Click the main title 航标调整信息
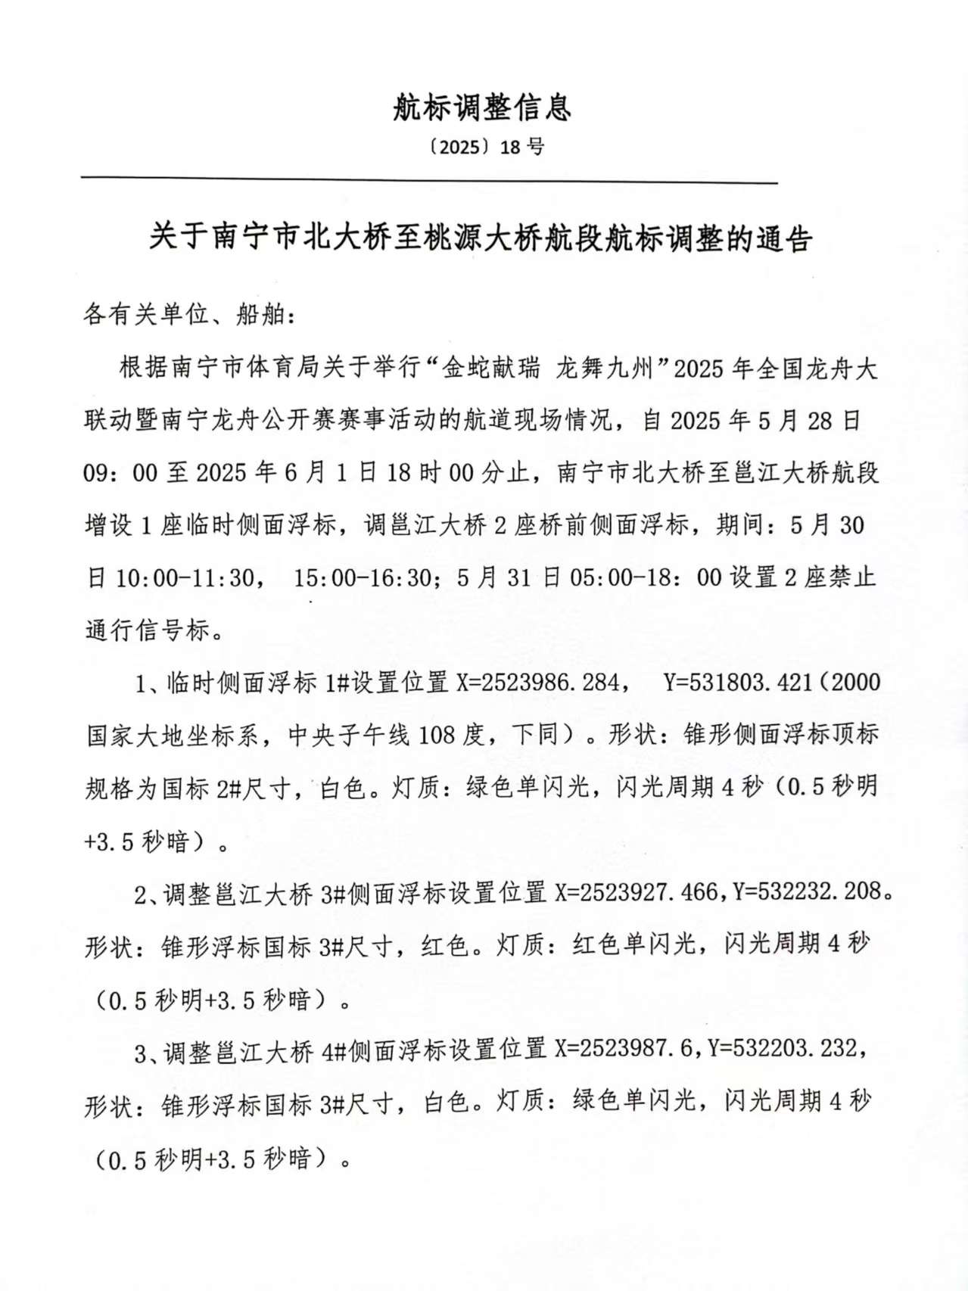tap(482, 108)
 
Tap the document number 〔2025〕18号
tap(482, 147)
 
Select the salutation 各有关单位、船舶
tap(188, 315)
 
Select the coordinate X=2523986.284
tap(540, 683)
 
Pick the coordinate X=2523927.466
tap(637, 893)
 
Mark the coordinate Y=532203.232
tap(783, 1050)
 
